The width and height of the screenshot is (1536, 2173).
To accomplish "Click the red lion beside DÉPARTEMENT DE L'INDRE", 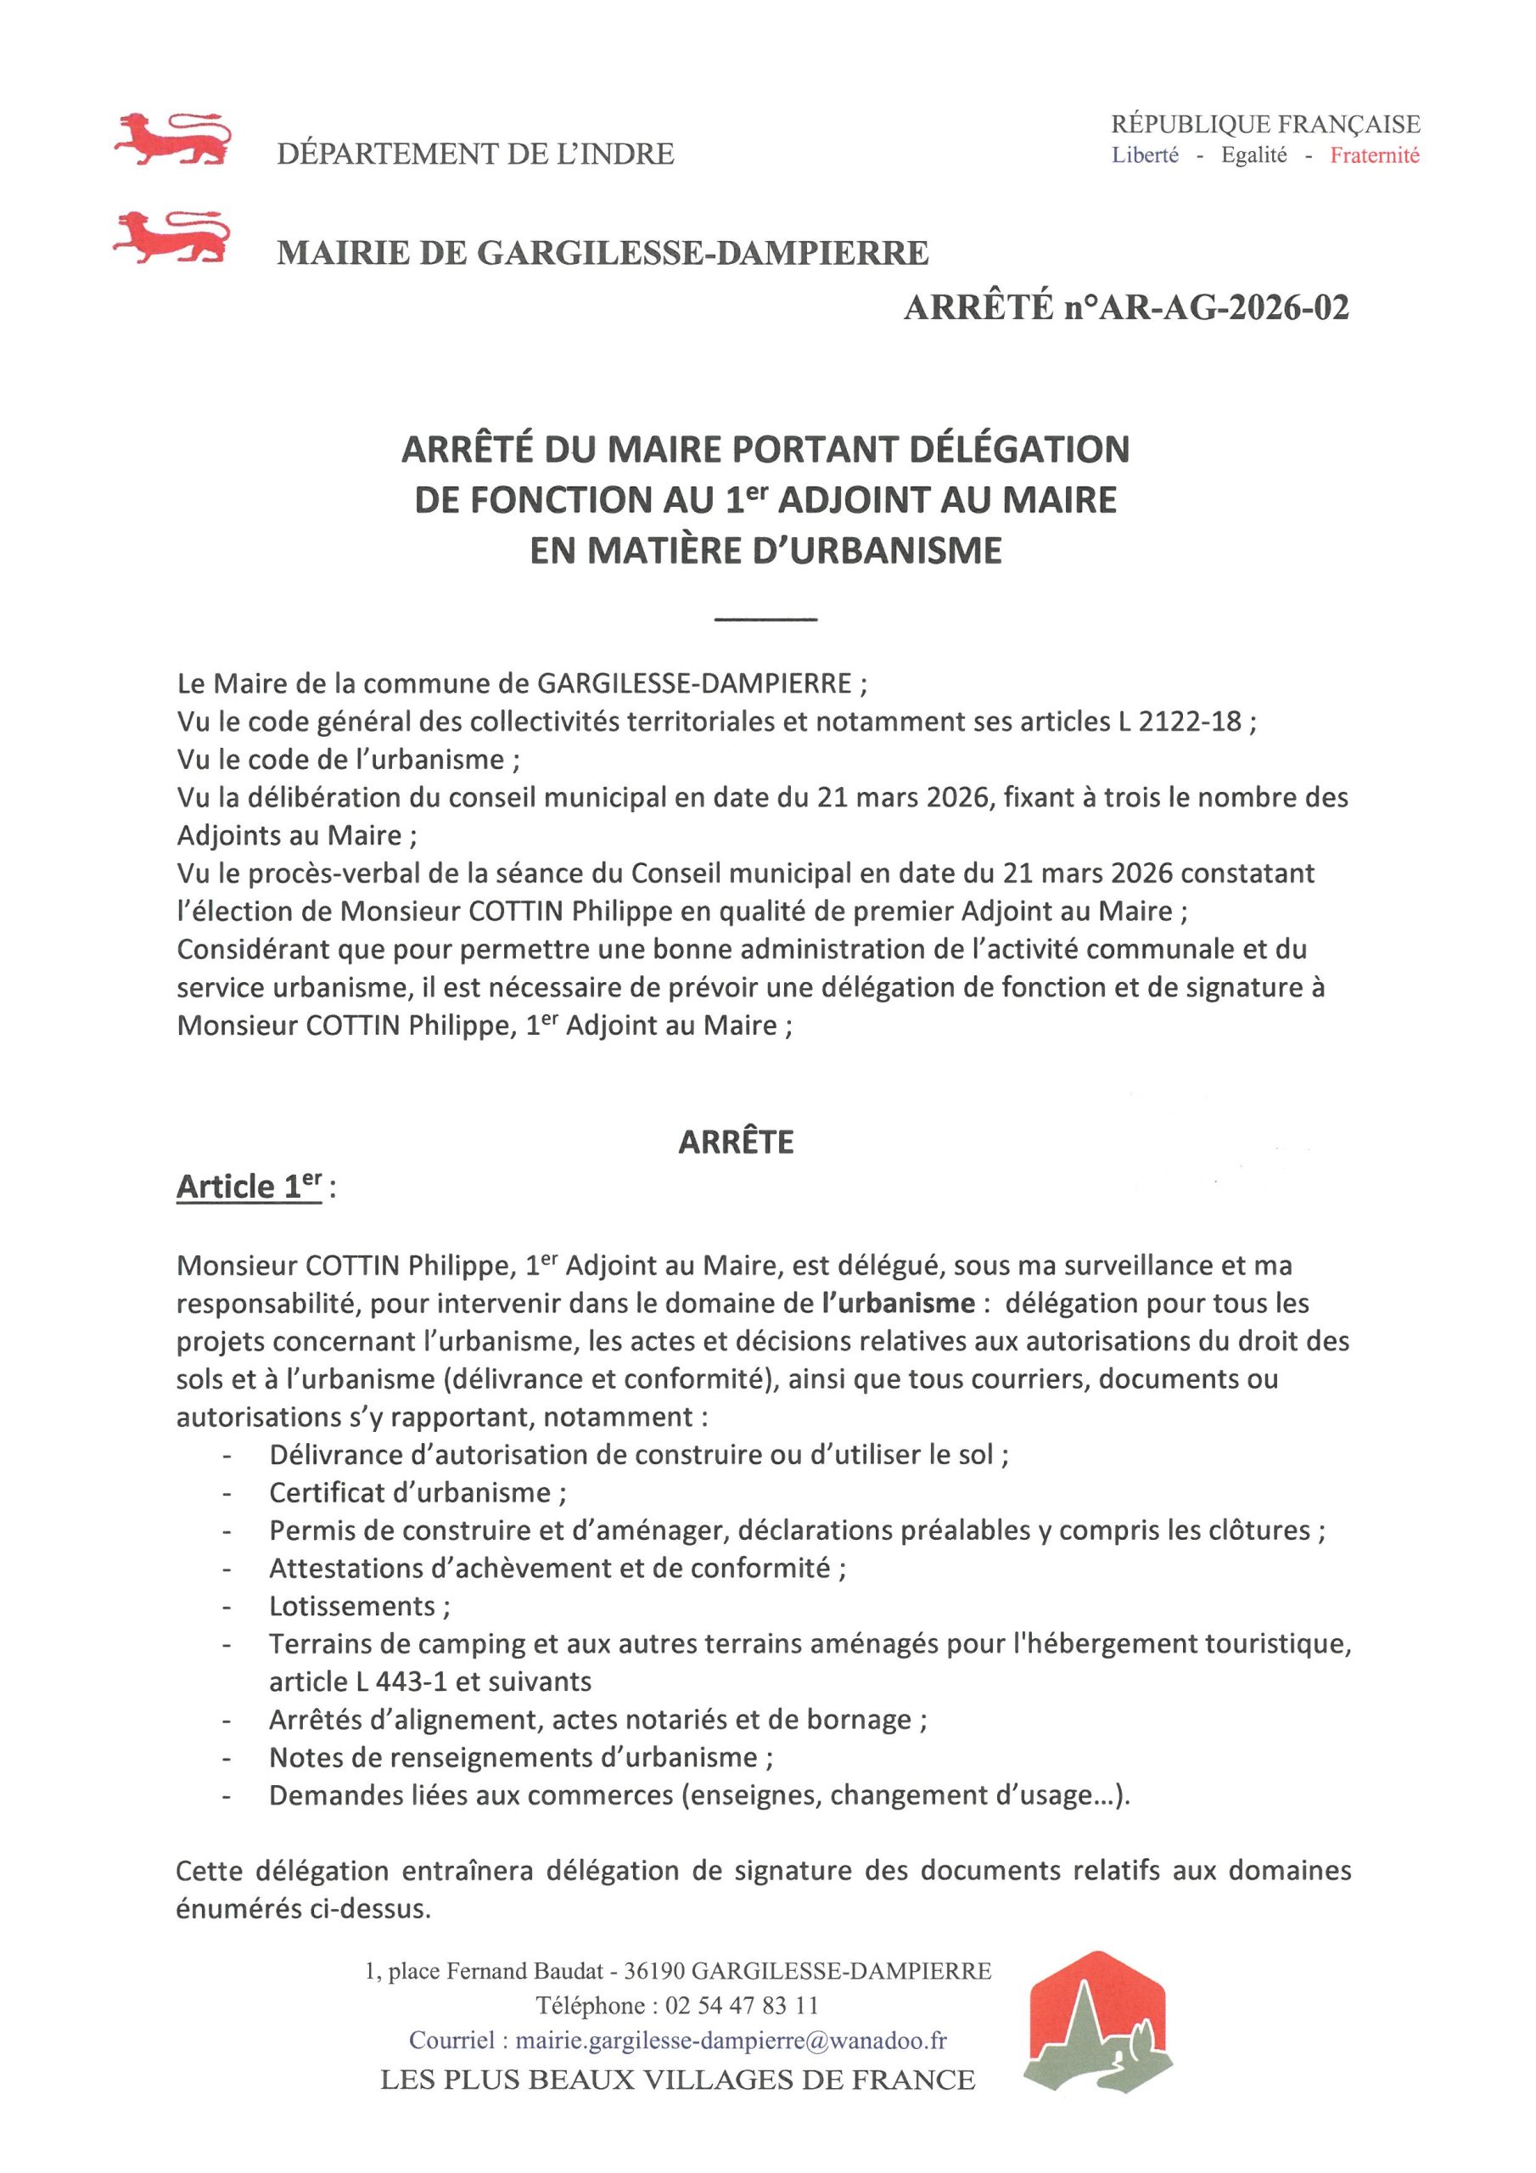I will click(x=171, y=140).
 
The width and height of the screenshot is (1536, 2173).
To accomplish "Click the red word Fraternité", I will click(x=1374, y=156).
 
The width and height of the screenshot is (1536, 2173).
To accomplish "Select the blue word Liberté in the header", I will click(x=1145, y=156).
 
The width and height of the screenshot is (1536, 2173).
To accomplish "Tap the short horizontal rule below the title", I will click(x=765, y=619).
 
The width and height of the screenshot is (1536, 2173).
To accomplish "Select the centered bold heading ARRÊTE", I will click(x=737, y=1143).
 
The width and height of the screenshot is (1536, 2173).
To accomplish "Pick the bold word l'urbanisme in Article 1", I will click(x=898, y=1303).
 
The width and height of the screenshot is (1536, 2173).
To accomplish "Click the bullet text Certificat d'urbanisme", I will click(x=417, y=1492).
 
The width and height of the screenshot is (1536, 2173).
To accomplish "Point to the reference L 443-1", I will click(x=376, y=1682).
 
